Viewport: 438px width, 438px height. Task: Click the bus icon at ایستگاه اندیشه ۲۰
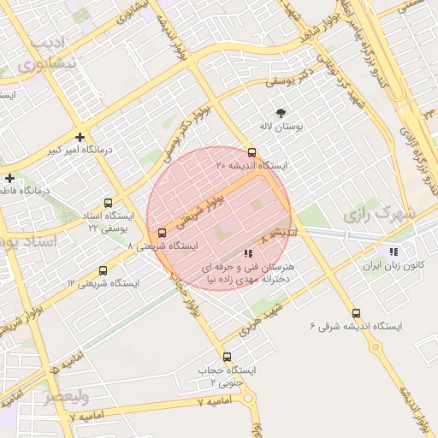click(251, 151)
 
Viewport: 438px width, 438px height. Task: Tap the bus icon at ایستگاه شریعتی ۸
click(163, 233)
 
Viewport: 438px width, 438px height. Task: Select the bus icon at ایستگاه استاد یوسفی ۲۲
click(108, 203)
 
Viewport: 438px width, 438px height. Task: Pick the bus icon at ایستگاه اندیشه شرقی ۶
click(356, 313)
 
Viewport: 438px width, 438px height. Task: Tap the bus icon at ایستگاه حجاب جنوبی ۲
click(227, 357)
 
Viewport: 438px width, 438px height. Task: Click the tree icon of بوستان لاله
click(281, 113)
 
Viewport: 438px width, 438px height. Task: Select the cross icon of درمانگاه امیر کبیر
click(80, 137)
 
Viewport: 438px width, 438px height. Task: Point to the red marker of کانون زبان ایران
click(394, 252)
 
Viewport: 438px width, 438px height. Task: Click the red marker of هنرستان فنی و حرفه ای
click(248, 253)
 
